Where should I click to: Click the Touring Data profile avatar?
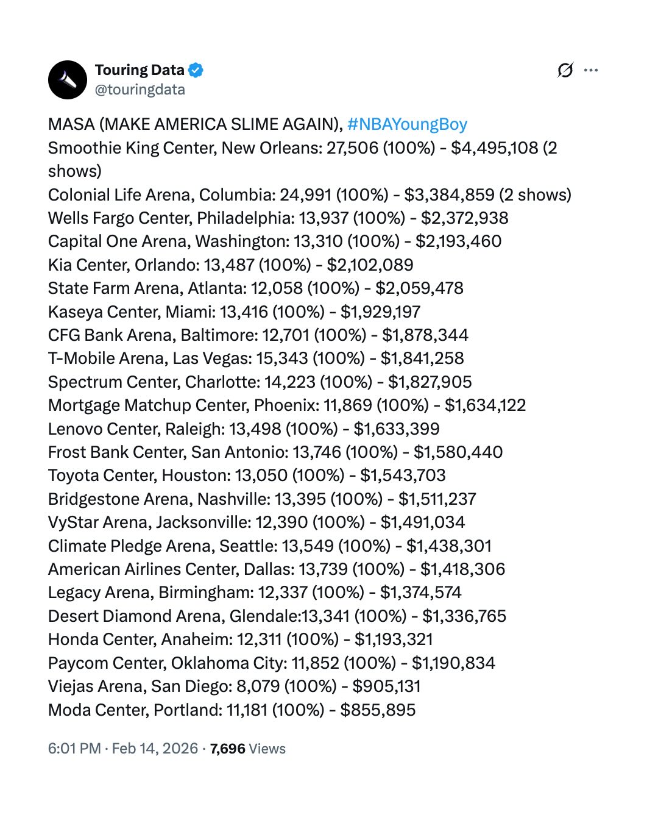[68, 80]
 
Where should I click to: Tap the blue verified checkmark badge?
[196, 71]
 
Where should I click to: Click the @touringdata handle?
[140, 90]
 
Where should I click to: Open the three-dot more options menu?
[590, 71]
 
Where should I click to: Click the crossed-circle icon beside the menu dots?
[565, 71]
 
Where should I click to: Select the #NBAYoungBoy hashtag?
[407, 124]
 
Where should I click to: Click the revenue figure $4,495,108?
[495, 148]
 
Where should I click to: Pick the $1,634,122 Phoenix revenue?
[485, 405]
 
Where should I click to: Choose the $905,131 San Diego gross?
[386, 686]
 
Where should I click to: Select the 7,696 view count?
[227, 749]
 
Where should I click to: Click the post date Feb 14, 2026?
[155, 749]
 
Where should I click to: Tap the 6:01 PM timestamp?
[74, 749]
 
